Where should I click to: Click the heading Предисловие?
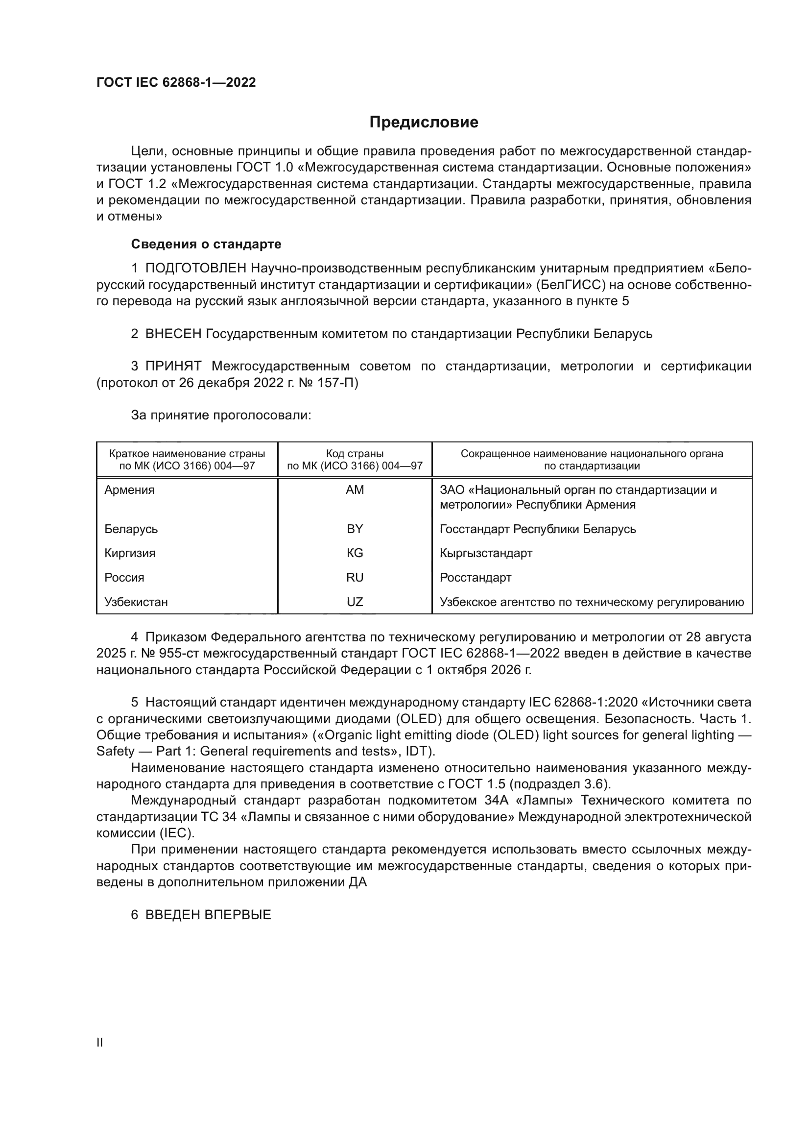pos(424,122)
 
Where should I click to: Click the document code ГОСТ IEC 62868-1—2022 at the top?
pos(176,82)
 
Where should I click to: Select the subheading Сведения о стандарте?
pos(206,244)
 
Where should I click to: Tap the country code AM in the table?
pos(355,489)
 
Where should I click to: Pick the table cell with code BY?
pos(355,529)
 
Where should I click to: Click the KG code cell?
pos(355,553)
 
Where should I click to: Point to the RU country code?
pos(355,578)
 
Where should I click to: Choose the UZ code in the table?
pos(355,602)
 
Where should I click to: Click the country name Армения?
pos(129,489)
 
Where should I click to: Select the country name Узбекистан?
pos(136,602)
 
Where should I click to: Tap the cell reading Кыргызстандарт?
pos(486,553)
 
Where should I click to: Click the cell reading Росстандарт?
pos(476,578)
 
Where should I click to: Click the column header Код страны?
pos(355,454)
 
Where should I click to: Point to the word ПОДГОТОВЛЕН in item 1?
pos(195,268)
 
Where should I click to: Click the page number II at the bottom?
pos(100,1043)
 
